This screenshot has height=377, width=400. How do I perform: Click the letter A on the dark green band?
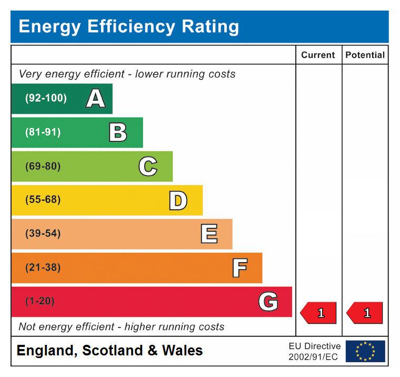tap(95, 99)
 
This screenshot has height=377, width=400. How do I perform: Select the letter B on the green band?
tap(118, 132)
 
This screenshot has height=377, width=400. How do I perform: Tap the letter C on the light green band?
tap(148, 167)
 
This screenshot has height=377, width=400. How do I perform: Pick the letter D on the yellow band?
tap(178, 200)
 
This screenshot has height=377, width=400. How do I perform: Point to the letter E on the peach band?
tap(208, 234)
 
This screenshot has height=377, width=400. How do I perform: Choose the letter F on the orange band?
tap(239, 268)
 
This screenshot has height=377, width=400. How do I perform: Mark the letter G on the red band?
tap(268, 302)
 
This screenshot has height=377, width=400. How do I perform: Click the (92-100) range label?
tap(46, 99)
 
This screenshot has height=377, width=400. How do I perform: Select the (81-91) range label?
tap(43, 132)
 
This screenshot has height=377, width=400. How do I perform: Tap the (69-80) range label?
tap(43, 167)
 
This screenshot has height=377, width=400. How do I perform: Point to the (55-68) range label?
tap(43, 200)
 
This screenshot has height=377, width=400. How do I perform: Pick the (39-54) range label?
tap(43, 234)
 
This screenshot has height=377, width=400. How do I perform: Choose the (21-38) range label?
tap(43, 268)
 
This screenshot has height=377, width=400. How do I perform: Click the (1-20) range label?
tap(39, 302)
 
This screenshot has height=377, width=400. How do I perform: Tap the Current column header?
tap(318, 55)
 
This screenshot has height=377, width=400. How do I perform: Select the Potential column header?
tap(365, 55)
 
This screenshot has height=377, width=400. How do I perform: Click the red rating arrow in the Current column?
tap(318, 313)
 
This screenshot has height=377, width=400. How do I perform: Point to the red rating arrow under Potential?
tap(365, 313)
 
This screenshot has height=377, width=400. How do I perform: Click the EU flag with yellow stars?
tap(365, 351)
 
